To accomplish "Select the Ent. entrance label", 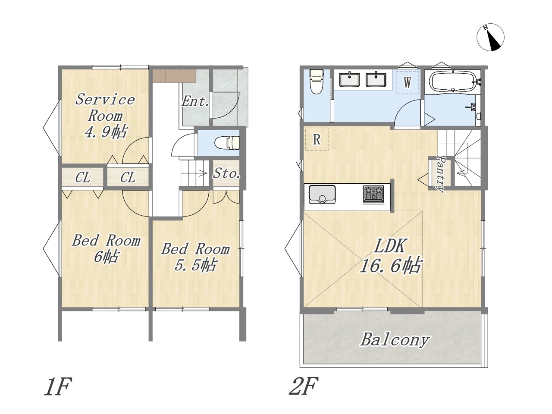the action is pos(195,101).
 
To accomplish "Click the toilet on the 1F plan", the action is pos(226,143).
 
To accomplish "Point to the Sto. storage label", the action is pos(226,173).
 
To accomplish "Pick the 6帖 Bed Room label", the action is pos(106,248).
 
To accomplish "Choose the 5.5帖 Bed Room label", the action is pos(195,257).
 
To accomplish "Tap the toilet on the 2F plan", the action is pos(316,81).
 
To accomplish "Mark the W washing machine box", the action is pos(408,82).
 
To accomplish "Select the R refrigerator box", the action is pos(317,139).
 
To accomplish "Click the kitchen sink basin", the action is pos(322,194).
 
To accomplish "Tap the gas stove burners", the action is pos(373,194).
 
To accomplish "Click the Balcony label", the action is pos(395,340).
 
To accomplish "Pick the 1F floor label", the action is pos(58,386).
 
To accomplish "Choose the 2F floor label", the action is pos(304,386).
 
